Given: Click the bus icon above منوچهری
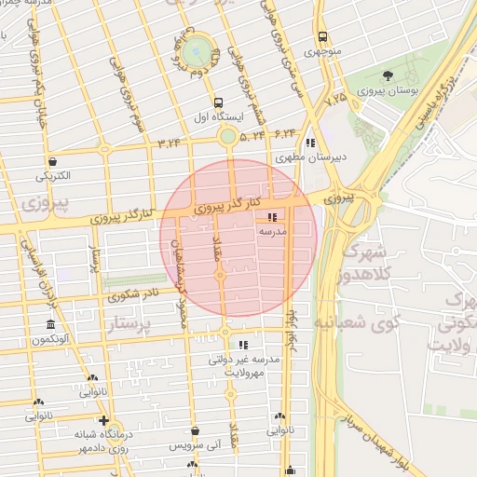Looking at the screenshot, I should (322, 38).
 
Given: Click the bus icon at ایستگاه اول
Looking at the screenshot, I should (218, 103).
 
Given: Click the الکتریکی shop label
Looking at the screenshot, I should (58, 175).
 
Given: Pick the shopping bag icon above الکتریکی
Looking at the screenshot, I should (52, 160).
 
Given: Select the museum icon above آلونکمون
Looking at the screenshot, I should (50, 324).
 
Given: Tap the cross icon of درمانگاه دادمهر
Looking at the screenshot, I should (103, 420).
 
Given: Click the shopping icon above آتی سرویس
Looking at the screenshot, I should (195, 430).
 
